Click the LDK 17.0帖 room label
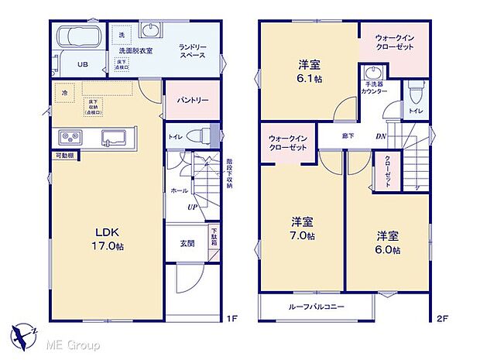click(110, 238)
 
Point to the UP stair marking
click(190, 207)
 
